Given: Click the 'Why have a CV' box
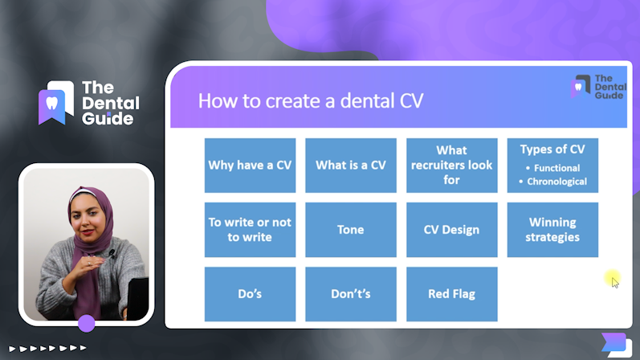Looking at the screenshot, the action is click(x=250, y=165).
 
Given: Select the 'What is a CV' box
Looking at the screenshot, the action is click(x=351, y=165).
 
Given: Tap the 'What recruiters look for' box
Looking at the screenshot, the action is click(x=452, y=165).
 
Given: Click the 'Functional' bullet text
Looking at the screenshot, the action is click(x=556, y=168).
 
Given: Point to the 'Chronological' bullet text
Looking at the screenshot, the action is click(x=556, y=182).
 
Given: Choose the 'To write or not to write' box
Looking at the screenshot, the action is click(x=250, y=230).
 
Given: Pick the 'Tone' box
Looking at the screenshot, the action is click(x=351, y=230).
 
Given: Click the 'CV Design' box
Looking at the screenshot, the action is click(x=452, y=230).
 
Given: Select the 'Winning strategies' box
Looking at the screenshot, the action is click(x=552, y=230).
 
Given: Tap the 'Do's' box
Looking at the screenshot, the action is click(x=250, y=294).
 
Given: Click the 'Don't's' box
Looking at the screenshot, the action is click(x=351, y=294).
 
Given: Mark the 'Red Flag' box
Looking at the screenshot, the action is click(x=452, y=294).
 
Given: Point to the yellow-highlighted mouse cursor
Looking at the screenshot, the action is click(x=614, y=280).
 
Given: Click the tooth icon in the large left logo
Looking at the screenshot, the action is click(x=52, y=103).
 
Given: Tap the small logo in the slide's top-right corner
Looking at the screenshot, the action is click(x=598, y=87).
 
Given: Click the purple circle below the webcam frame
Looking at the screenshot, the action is click(x=87, y=324).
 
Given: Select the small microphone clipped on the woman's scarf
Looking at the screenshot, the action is click(x=112, y=253).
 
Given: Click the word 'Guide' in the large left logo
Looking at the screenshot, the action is click(x=108, y=119).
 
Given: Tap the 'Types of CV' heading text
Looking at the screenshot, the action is click(x=552, y=149).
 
